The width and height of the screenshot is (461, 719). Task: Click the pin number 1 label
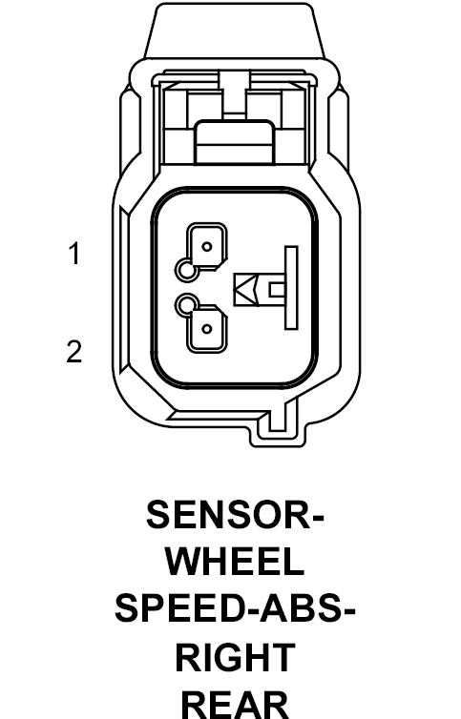tap(74, 254)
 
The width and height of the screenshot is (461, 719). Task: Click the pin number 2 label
tap(73, 352)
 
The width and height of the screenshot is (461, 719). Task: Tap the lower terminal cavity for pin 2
tap(206, 328)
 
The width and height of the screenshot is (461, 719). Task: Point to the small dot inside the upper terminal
tap(207, 247)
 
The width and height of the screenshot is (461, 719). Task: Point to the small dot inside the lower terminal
tap(207, 329)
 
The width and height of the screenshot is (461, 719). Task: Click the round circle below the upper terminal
tap(187, 270)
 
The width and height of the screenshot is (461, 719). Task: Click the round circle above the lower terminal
tap(187, 306)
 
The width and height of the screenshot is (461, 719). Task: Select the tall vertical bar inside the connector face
tap(291, 288)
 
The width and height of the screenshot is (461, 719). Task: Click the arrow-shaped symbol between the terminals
tap(246, 290)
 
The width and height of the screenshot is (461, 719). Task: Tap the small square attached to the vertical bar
tap(277, 290)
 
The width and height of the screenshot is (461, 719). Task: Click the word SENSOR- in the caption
tap(235, 515)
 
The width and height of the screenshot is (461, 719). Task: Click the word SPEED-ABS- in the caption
tap(235, 609)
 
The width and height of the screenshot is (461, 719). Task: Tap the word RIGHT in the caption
tap(235, 657)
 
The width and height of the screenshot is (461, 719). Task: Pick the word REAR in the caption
tap(235, 705)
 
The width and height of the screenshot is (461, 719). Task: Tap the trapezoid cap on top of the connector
tap(235, 31)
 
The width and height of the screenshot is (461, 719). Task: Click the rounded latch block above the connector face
tap(235, 142)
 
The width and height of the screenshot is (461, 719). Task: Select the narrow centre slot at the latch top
tap(235, 91)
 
